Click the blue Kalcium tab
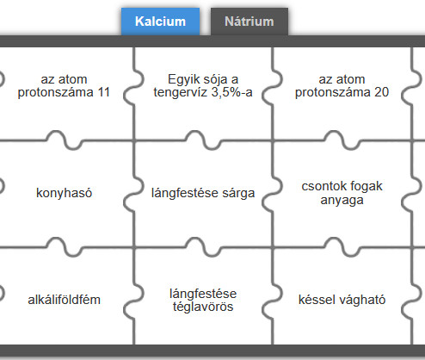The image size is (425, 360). [160, 22]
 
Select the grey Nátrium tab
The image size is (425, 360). [249, 22]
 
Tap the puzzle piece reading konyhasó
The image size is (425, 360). [65, 193]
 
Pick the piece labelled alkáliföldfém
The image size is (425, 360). [65, 300]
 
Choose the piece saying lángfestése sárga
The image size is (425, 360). [203, 193]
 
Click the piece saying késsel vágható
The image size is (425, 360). [342, 300]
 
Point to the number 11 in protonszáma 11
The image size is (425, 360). [104, 92]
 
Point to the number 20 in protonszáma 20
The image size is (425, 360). [381, 92]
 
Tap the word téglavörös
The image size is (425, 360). [203, 307]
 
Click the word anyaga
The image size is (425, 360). [342, 200]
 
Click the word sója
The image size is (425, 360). [212, 79]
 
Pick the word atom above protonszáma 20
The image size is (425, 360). [353, 79]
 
